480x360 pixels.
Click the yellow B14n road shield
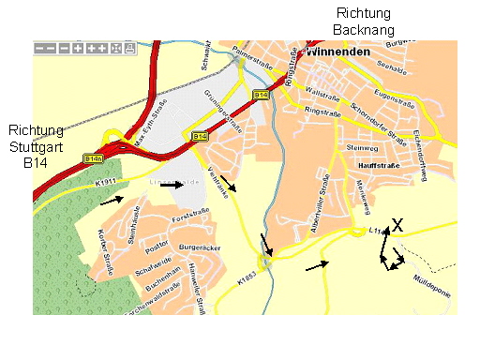click(93, 158)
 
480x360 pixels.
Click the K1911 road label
click(82, 180)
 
